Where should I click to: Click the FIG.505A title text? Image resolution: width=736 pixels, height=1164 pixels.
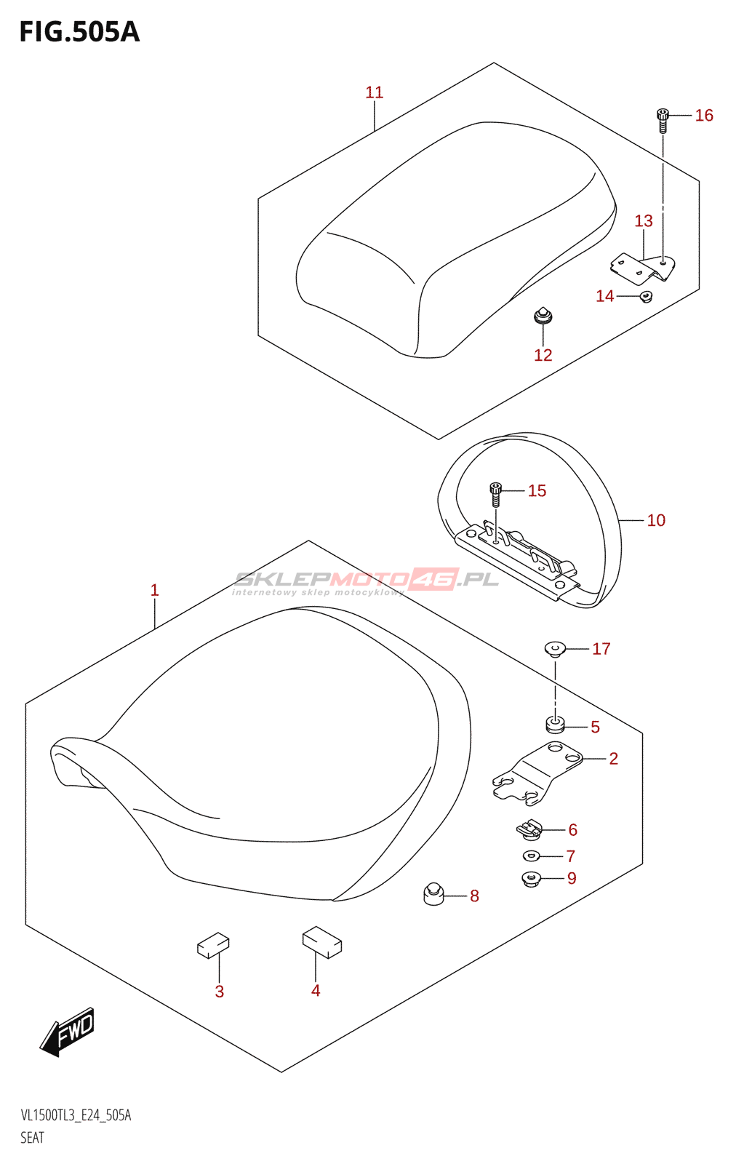79,32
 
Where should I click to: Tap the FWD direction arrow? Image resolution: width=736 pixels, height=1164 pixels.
68,1031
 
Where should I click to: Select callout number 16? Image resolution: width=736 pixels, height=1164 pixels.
703,115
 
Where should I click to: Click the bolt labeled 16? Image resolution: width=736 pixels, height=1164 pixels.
663,120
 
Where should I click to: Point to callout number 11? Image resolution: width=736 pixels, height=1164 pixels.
374,92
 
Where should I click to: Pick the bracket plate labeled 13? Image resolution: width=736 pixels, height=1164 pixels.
643,267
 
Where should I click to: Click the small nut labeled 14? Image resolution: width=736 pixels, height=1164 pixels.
645,296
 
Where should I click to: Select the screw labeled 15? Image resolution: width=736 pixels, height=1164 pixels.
495,494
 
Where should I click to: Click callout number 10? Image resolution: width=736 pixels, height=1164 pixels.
655,520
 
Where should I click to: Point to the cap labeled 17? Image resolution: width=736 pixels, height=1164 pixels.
555,648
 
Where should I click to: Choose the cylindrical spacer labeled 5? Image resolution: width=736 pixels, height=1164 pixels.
555,725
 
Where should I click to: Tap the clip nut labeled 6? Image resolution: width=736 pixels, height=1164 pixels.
530,829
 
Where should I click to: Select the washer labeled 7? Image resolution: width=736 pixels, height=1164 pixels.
531,856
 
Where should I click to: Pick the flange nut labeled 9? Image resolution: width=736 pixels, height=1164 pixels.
531,879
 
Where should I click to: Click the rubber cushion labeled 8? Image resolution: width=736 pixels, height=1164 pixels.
433,894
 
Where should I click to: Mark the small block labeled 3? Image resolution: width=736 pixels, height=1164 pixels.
213,945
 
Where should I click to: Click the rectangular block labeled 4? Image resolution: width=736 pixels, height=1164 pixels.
322,942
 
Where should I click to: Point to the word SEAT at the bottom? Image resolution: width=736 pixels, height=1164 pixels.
33,1138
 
